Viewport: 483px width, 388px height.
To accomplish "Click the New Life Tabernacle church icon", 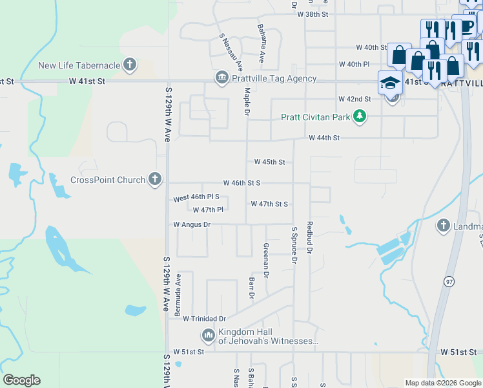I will coord(130,65).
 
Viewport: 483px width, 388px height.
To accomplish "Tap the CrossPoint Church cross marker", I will coord(154,179).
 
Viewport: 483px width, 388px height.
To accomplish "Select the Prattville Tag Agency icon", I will coord(221,78).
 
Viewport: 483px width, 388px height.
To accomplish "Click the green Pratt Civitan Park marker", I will coord(360,117).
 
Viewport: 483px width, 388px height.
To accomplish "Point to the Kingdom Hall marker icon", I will coord(208,335).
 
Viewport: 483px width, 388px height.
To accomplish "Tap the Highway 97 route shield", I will coord(449,281).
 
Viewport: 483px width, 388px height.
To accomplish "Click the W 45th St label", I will coord(269,162).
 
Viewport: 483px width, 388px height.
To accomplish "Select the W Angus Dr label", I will coord(192,224).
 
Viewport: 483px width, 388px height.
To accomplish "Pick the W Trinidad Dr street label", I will coord(204,319).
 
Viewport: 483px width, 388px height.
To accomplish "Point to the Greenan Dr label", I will coord(265,260).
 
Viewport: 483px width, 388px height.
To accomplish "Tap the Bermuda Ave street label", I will coord(178,294).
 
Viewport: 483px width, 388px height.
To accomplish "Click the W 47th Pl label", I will coord(207,210).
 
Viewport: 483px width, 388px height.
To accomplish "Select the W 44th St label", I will coord(324,138).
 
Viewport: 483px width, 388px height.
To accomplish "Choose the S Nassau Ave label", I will coord(231,52).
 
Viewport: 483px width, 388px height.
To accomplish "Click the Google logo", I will coord(21,380).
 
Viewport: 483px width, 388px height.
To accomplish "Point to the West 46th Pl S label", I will coord(196,197).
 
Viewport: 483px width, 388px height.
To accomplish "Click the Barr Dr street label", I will coord(251,288).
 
